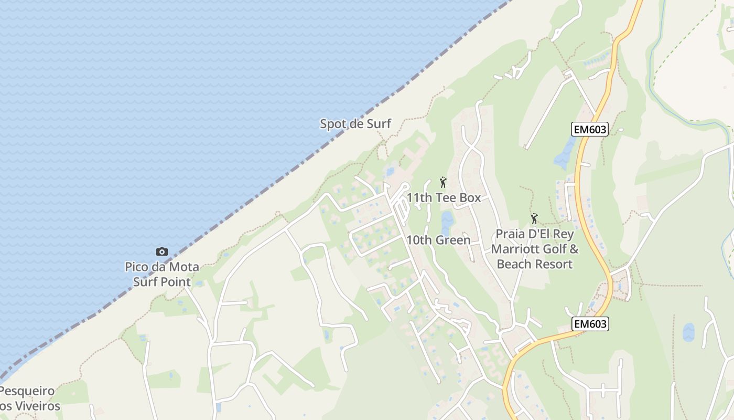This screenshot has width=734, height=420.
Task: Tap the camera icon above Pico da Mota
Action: click(x=162, y=252)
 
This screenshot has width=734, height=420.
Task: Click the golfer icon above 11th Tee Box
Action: click(x=443, y=182)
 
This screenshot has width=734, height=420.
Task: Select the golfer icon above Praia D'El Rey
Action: click(x=534, y=218)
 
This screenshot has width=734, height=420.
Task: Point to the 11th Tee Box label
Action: click(x=444, y=198)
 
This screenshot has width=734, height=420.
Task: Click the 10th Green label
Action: click(x=438, y=240)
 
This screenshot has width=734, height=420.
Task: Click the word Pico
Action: click(x=136, y=267)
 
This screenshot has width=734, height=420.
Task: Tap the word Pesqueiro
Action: click(x=27, y=391)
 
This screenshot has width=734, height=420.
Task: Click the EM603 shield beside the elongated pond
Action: click(x=589, y=130)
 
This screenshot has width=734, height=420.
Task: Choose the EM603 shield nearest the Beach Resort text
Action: click(x=590, y=324)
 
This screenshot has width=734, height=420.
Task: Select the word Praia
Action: click(x=510, y=234)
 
